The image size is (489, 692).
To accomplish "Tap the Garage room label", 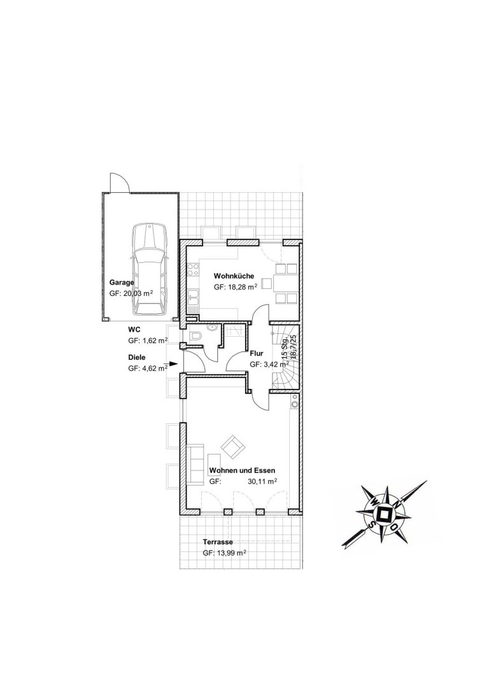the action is [122, 283].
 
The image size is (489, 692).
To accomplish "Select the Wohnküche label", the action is [234, 276].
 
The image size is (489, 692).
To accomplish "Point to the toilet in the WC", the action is [195, 336].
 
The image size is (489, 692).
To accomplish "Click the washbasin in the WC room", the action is [212, 328].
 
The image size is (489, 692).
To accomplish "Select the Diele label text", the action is [136, 358].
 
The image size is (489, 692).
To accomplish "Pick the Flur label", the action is [257, 353].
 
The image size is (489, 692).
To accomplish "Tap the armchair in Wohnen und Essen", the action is [233, 447].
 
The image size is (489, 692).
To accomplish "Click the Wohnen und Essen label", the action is [243, 470].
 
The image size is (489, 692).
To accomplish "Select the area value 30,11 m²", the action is [262, 481].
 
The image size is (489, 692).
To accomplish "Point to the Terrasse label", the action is [218, 542].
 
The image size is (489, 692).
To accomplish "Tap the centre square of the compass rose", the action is [383, 514].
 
